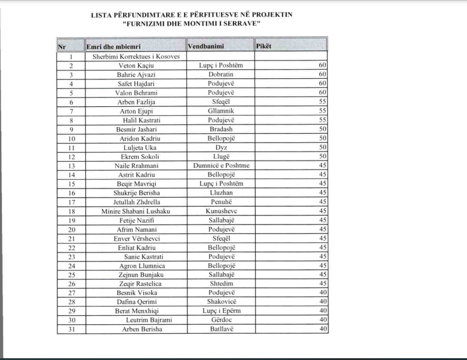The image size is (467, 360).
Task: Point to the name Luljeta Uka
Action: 136,147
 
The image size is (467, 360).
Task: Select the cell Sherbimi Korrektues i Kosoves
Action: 136,57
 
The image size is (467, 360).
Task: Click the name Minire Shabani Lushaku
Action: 136,211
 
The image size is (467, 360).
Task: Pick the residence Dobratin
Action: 221,75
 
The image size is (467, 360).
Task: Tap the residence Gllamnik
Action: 221,111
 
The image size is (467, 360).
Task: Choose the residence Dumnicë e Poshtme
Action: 221,166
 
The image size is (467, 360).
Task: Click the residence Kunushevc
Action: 221,211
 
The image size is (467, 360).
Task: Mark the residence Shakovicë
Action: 221,302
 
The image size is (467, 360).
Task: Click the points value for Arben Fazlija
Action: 322,102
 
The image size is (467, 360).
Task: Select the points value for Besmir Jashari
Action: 322,130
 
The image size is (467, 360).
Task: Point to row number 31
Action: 71,330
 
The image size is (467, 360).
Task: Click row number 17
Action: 71,202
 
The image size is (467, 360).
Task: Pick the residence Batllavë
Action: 221,330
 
